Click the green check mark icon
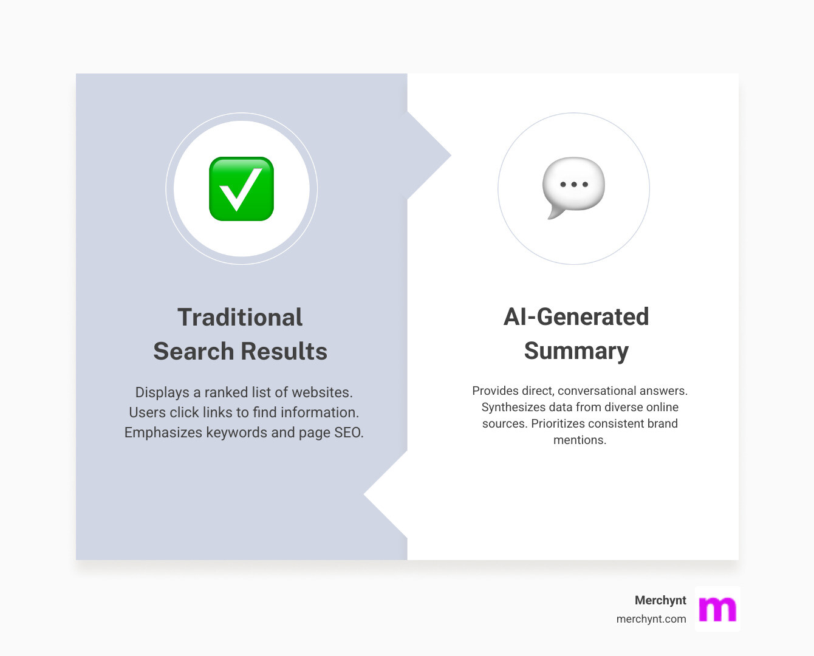241,189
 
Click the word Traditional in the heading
240,317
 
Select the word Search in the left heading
193,351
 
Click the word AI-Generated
576,316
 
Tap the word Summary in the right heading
576,351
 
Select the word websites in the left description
321,392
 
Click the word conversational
598,391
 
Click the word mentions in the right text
580,440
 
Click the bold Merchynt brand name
660,600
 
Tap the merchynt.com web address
651,619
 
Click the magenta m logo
717,609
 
